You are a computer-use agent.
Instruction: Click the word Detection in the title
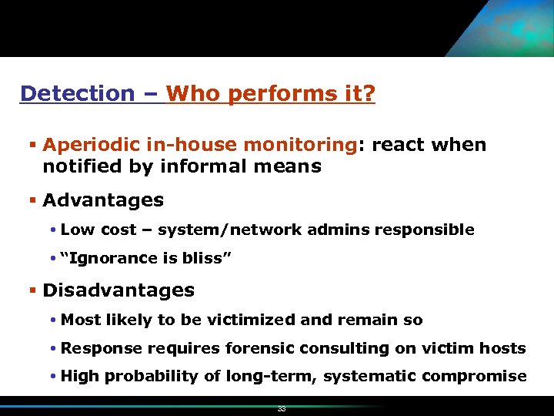(x=77, y=94)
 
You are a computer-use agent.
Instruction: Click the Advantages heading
(x=103, y=200)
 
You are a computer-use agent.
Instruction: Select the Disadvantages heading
(x=118, y=290)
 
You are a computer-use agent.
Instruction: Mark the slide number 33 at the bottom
(x=282, y=409)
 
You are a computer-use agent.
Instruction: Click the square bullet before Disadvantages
(x=33, y=291)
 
